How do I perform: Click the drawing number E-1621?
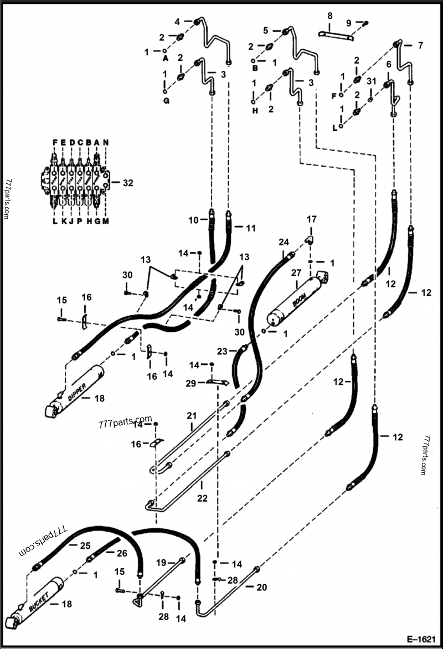click(x=423, y=638)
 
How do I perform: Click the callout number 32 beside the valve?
click(x=128, y=182)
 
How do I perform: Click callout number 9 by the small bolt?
click(x=348, y=23)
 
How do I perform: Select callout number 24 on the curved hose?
click(x=284, y=242)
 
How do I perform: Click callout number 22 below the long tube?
click(x=202, y=498)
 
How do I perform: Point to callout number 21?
click(x=192, y=415)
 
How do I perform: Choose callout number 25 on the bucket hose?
click(x=85, y=545)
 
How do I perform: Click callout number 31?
click(x=371, y=81)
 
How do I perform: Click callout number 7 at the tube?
click(x=420, y=44)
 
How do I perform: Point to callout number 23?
click(x=222, y=351)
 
